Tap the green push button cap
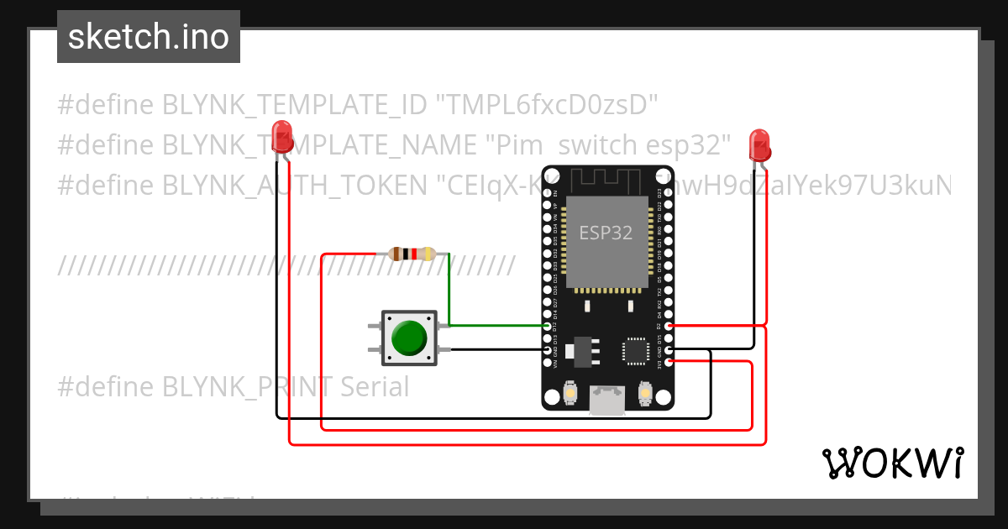(409, 338)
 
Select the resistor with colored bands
(412, 253)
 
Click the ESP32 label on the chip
(606, 232)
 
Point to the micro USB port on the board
(606, 401)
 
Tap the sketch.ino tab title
(149, 37)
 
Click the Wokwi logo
(892, 463)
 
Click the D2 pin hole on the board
(669, 326)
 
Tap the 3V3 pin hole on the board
(669, 362)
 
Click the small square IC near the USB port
(635, 350)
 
